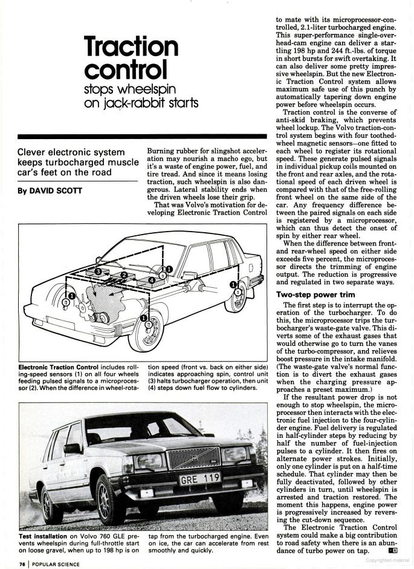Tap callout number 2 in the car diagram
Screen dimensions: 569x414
tap(123, 276)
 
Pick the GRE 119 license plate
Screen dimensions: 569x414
tap(199, 480)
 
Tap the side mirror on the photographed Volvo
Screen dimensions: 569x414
tap(73, 448)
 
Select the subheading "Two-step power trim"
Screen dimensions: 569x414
tap(312, 294)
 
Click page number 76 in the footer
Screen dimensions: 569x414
tap(22, 564)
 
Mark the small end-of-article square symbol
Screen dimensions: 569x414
tap(393, 550)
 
